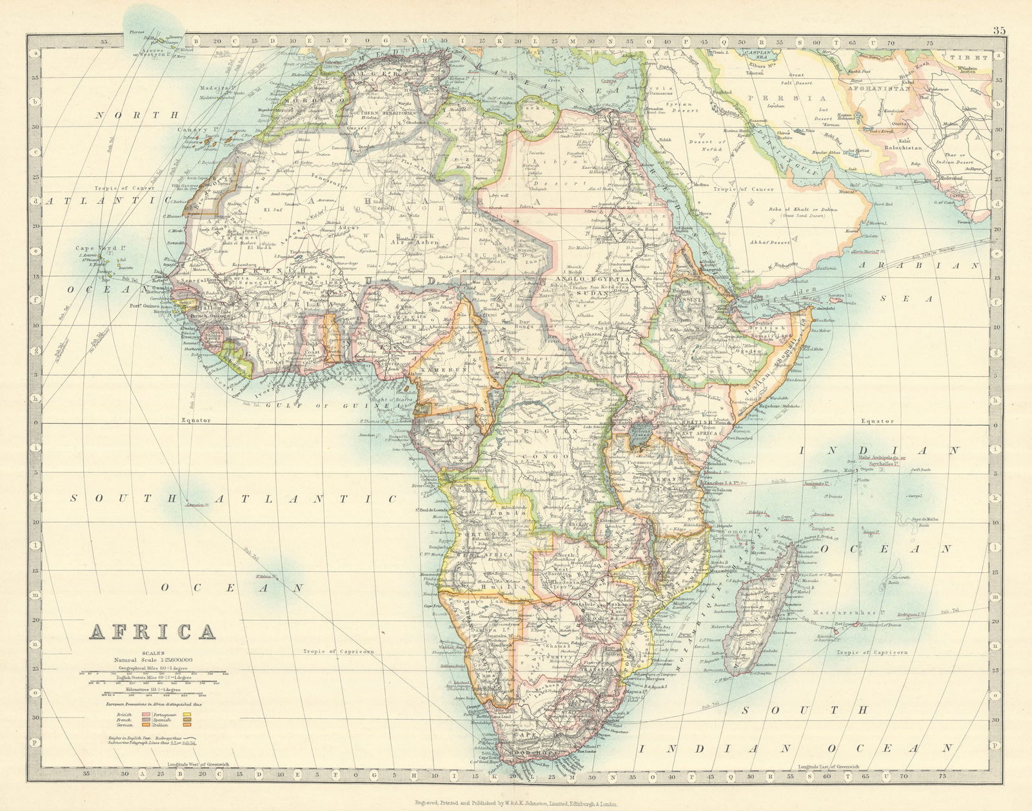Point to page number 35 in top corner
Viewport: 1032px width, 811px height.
(999, 30)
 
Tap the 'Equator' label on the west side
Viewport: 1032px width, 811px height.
(196, 420)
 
